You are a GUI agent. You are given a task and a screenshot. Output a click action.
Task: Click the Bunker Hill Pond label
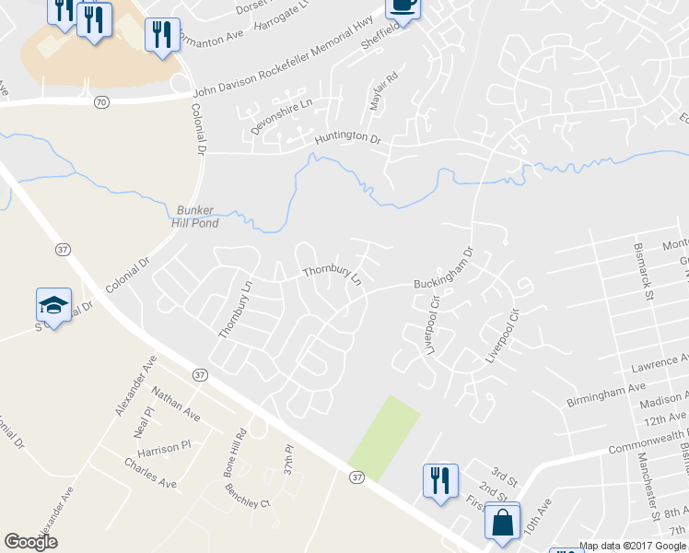(x=194, y=217)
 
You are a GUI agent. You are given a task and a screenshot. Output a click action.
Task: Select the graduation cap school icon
(x=53, y=305)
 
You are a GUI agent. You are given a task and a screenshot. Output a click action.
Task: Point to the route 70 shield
(x=100, y=102)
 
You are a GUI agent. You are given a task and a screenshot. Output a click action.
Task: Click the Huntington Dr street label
(x=347, y=138)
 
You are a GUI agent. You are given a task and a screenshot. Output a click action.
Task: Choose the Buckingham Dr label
(x=443, y=271)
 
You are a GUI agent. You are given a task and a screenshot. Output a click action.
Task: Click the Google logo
(x=30, y=542)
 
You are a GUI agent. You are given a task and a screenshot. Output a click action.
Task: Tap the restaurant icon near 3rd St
(x=439, y=480)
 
